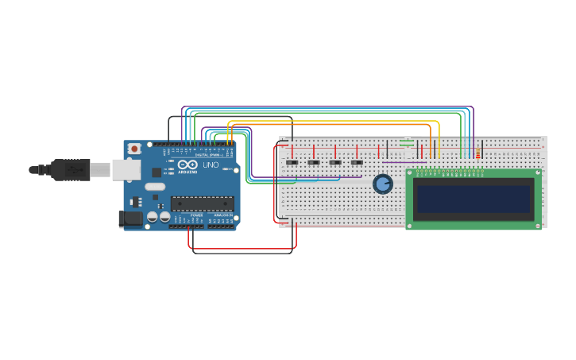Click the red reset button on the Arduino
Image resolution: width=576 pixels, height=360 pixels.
pos(135,148)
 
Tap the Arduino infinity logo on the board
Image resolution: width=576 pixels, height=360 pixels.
pos(187,165)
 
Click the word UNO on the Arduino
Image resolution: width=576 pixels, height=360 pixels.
pos(211,165)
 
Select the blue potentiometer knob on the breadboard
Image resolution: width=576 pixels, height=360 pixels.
pos(383,184)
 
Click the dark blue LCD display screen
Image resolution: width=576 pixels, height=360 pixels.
pos(474,199)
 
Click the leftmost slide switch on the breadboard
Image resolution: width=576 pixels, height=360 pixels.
pos(292,163)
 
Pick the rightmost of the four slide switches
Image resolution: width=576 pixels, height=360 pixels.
pos(357,163)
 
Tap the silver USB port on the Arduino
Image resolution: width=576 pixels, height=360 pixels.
pos(124,168)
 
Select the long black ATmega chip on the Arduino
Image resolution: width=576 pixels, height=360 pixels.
pos(202,204)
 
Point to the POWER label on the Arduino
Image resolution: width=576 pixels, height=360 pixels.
pos(196,215)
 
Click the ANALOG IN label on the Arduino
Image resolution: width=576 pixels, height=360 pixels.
pos(223,215)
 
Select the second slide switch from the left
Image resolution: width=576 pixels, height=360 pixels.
pos(314,163)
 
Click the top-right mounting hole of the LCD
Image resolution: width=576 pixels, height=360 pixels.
pos(538,172)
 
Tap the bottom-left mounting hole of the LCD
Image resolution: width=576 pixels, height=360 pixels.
pos(409,226)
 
